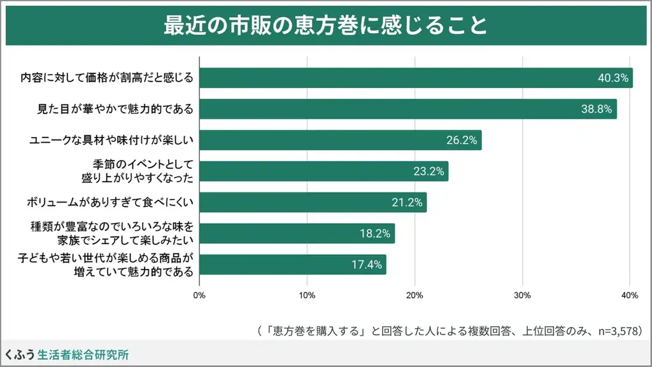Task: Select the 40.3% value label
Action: tap(613, 78)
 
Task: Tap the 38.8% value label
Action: tap(597, 109)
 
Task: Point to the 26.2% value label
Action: tap(462, 140)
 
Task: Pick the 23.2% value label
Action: tap(429, 171)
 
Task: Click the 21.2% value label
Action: tap(407, 203)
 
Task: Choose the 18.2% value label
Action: tap(375, 234)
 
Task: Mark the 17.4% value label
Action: tap(367, 264)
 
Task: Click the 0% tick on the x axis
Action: tap(199, 295)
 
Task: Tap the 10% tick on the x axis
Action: tap(307, 295)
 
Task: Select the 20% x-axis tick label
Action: tap(415, 295)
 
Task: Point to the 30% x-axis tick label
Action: tap(523, 295)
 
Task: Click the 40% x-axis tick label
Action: tap(630, 295)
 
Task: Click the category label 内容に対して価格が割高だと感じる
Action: tap(106, 78)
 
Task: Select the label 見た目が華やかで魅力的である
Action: tap(114, 109)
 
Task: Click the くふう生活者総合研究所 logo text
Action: tap(67, 354)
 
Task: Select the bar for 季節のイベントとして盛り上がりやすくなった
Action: tap(323, 171)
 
